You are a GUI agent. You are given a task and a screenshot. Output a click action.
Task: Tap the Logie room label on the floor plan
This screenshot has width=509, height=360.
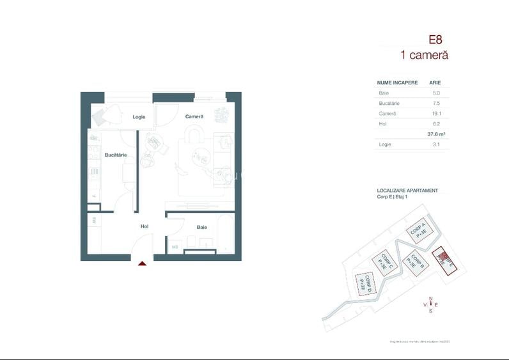[x=139, y=117]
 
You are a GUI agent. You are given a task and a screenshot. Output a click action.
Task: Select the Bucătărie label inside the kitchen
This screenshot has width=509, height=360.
[x=116, y=155]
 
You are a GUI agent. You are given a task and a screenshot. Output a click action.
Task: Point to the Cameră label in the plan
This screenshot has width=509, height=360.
[x=194, y=116]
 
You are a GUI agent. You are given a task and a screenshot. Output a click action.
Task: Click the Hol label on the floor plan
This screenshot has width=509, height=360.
[x=145, y=226]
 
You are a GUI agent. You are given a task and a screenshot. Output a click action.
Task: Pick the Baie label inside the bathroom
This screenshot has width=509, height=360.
[x=201, y=227]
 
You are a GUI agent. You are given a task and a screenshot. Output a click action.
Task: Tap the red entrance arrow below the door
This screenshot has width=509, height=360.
[x=142, y=262]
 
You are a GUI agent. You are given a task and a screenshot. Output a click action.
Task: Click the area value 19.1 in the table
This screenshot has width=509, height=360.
[x=436, y=113]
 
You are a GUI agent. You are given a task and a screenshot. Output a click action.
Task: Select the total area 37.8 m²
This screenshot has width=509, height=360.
[x=436, y=134]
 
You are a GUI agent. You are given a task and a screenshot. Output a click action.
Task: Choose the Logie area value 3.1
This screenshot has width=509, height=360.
[x=436, y=145]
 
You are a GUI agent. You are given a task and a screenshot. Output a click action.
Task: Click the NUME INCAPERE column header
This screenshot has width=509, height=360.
[x=397, y=82]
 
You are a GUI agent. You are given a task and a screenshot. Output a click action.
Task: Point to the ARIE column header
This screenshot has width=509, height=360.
[x=435, y=82]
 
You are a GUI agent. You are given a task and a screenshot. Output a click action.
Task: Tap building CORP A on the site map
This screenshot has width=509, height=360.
[x=419, y=231]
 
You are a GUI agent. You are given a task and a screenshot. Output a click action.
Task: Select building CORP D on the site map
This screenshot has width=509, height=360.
[x=364, y=283]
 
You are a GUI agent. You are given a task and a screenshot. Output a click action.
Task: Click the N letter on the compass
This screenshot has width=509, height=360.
[x=431, y=299]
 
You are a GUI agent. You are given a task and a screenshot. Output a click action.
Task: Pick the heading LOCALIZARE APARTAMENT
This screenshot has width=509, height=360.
[x=407, y=191]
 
